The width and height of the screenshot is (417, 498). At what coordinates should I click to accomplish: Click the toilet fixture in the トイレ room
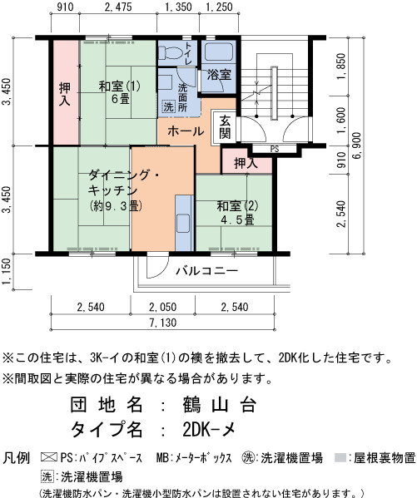click(171, 52)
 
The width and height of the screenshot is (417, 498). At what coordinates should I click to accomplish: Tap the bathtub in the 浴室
click(219, 52)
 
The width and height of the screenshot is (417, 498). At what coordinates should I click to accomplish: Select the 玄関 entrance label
click(225, 127)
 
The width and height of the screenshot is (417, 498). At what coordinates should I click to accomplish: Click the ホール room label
click(186, 131)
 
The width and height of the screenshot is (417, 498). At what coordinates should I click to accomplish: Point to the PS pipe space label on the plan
click(275, 149)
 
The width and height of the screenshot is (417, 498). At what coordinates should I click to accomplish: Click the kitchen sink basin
click(183, 224)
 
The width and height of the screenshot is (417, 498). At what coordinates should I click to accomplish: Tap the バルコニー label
click(206, 271)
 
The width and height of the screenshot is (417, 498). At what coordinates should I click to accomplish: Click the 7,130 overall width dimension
click(163, 323)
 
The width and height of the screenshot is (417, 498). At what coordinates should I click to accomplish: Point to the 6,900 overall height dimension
click(357, 145)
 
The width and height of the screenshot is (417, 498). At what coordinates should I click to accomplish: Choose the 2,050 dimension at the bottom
click(162, 307)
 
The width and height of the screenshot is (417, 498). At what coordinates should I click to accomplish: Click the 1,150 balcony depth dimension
click(7, 271)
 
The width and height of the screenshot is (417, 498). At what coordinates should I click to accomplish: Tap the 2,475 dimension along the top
click(118, 7)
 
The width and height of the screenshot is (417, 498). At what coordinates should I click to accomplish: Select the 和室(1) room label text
click(119, 86)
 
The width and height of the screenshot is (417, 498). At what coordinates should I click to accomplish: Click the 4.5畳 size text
click(237, 219)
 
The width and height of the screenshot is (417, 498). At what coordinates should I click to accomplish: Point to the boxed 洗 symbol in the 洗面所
click(169, 106)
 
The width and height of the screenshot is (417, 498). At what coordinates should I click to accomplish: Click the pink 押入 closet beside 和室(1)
click(66, 92)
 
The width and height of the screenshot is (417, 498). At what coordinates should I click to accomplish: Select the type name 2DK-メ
click(209, 430)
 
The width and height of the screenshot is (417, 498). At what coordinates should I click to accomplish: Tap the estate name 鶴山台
click(219, 405)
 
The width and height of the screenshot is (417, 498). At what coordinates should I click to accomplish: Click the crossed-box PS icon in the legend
click(49, 457)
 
